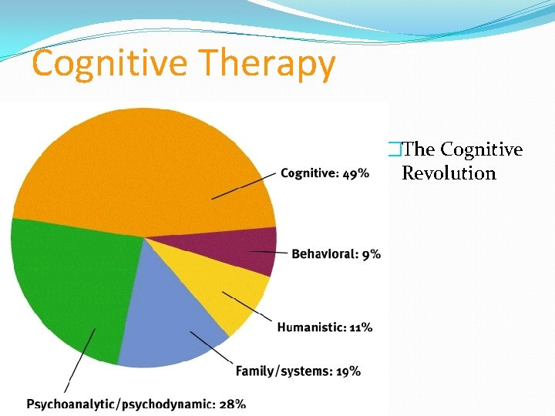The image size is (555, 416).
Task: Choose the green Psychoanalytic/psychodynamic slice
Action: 69,285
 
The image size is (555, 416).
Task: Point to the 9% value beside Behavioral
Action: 371,254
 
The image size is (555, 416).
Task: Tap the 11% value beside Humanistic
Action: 361,327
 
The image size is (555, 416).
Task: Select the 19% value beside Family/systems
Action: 348,371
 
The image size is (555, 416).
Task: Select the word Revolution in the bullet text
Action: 449,173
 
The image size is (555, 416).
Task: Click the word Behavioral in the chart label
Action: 325,254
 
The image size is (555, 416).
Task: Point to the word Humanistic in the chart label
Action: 312,327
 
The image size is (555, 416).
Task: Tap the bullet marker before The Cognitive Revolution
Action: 395,149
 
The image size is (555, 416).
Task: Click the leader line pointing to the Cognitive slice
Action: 244,186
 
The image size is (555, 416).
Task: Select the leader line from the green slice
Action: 80,361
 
